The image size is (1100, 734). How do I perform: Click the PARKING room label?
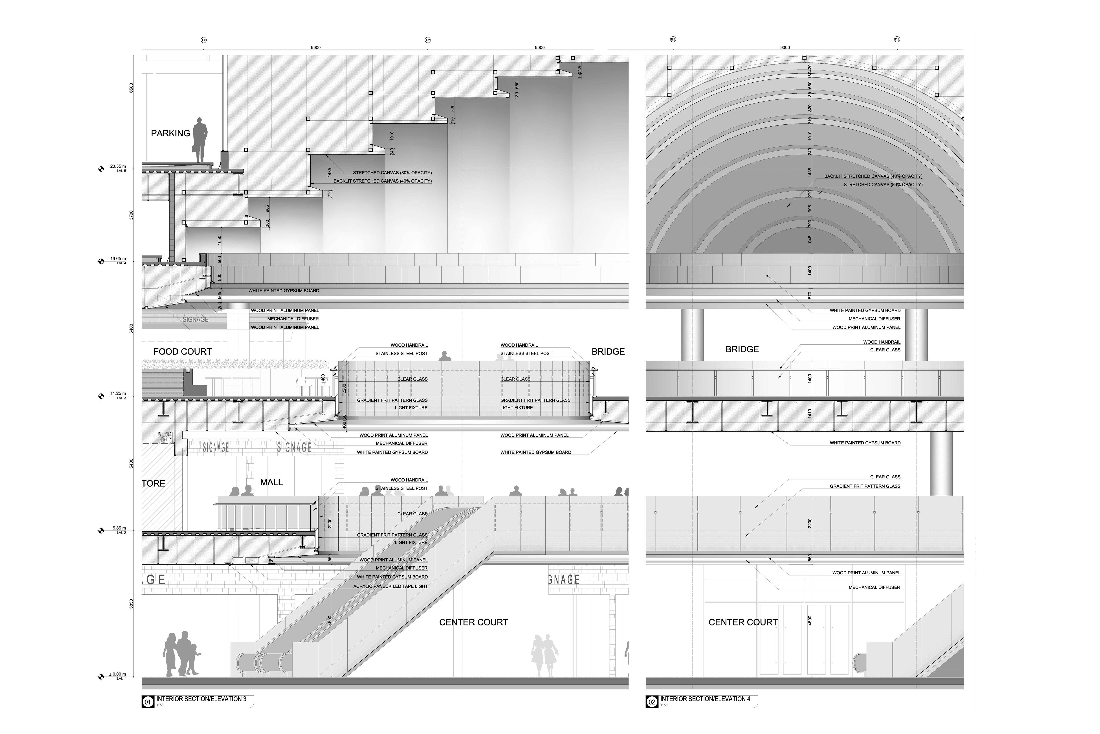[170, 133]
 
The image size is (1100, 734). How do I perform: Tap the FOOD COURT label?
[182, 351]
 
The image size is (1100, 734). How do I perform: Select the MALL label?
[271, 482]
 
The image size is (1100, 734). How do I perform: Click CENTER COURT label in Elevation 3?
[473, 622]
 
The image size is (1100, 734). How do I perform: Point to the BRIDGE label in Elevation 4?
[742, 349]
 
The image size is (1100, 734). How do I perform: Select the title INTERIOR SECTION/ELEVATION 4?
[705, 699]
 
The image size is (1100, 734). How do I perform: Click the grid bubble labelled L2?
[203, 40]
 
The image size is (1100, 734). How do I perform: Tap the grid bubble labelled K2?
[427, 40]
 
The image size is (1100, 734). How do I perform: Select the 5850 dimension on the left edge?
[131, 604]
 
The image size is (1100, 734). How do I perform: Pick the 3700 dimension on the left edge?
[131, 215]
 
